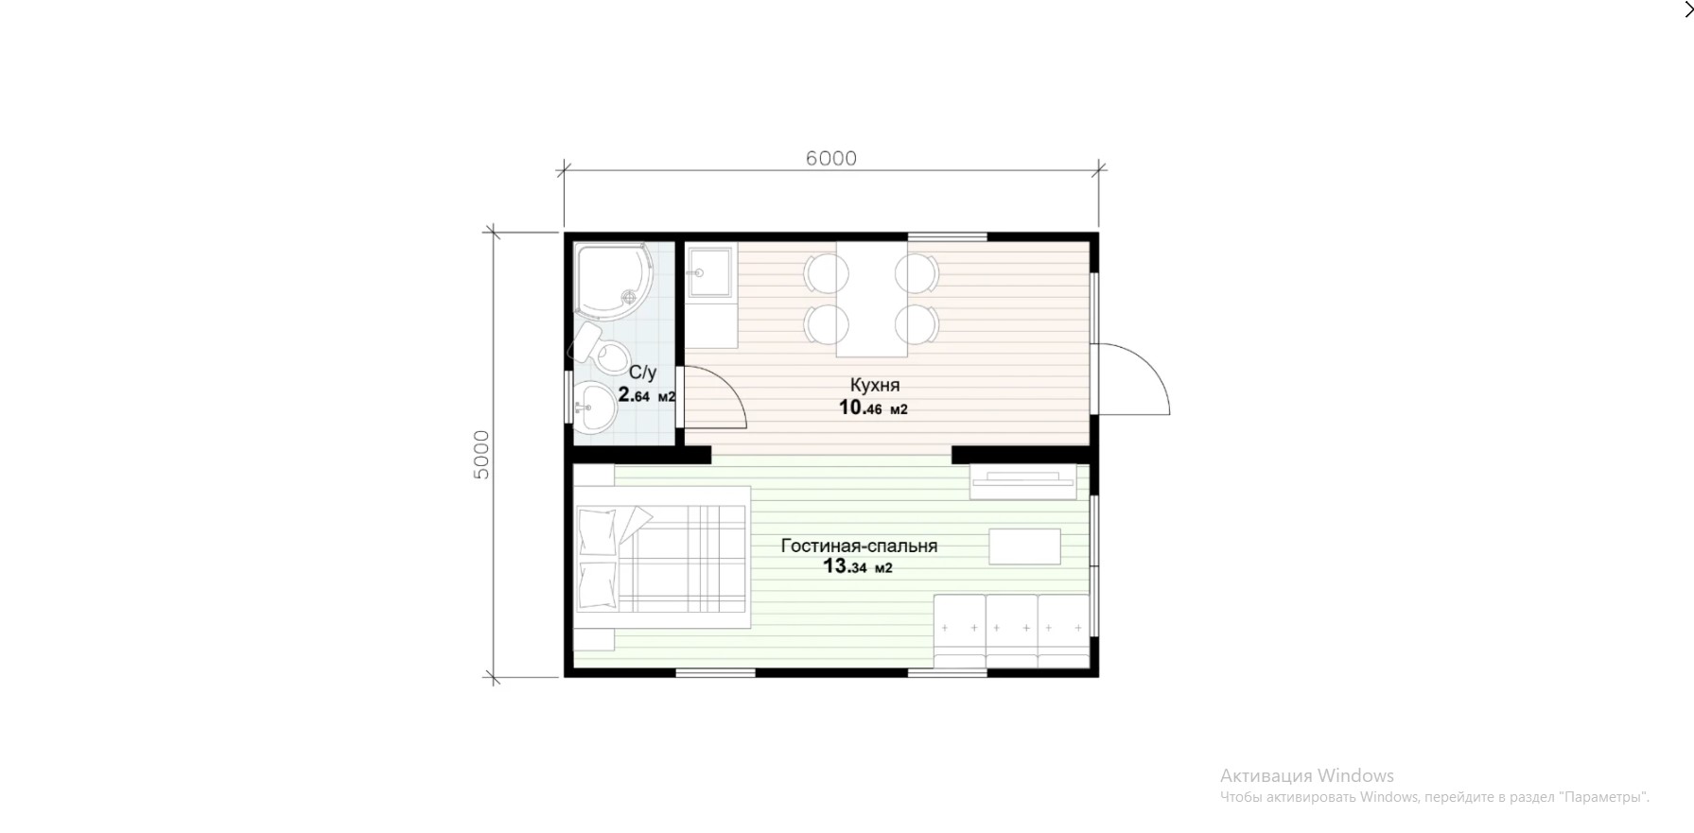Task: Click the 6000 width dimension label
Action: click(x=831, y=158)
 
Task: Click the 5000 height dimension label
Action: click(x=481, y=455)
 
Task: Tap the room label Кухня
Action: click(x=875, y=385)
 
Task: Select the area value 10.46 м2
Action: click(x=873, y=408)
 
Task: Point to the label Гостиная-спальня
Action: click(x=859, y=546)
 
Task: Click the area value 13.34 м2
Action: click(x=858, y=567)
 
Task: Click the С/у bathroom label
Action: click(x=642, y=373)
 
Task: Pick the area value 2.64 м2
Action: click(x=647, y=395)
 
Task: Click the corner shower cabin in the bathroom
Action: click(x=614, y=281)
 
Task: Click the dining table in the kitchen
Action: click(x=872, y=299)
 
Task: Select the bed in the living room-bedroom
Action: click(x=661, y=558)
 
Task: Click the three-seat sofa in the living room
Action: click(x=1011, y=631)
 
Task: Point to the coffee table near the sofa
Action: click(x=1024, y=547)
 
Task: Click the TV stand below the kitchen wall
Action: click(x=1023, y=481)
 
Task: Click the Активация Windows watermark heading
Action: click(x=1307, y=775)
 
